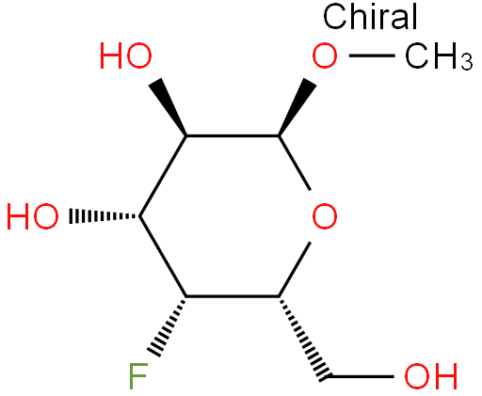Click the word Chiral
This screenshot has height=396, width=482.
[x=370, y=16]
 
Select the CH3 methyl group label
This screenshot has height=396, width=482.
[x=439, y=56]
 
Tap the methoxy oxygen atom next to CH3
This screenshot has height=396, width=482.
[x=325, y=56]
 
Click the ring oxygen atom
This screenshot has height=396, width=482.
[x=325, y=216]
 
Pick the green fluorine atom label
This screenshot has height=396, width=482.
[x=138, y=376]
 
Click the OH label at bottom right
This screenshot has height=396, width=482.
[x=430, y=376]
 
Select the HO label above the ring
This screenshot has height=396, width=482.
[x=126, y=56]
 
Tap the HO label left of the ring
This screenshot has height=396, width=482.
[x=33, y=216]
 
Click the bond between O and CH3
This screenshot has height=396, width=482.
[x=372, y=55]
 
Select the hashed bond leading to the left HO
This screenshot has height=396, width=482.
[x=104, y=216]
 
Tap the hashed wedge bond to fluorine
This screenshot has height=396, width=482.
[x=168, y=326]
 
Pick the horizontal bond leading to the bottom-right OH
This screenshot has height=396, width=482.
[x=361, y=376]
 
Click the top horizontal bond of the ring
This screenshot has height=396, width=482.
[x=233, y=135]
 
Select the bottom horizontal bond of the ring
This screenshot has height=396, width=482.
[x=233, y=296]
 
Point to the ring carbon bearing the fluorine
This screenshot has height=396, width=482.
[x=186, y=296]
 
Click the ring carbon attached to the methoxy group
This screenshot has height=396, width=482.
[x=279, y=135]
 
